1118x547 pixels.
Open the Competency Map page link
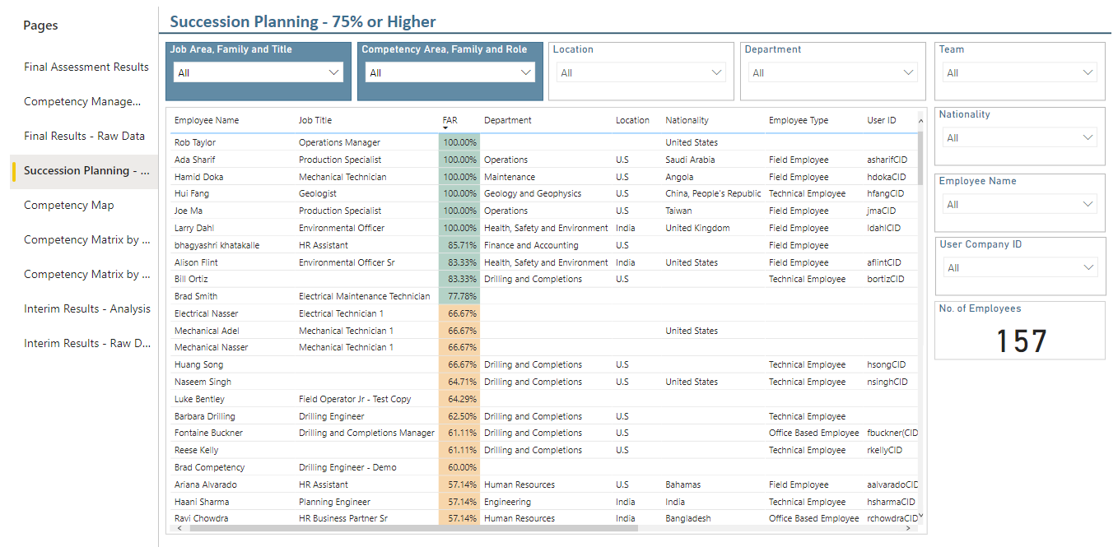click(x=69, y=205)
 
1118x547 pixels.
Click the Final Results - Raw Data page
click(x=84, y=136)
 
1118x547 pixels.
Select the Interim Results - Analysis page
click(x=86, y=308)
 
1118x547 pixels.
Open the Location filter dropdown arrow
click(x=716, y=73)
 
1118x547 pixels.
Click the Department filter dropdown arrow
click(x=908, y=73)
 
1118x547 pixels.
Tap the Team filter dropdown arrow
click(x=1088, y=73)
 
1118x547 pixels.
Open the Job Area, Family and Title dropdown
click(x=258, y=73)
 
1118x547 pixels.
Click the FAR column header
click(x=450, y=120)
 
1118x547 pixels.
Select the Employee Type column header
click(x=798, y=120)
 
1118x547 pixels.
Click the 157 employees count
click(x=1021, y=341)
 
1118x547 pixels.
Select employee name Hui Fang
click(x=192, y=193)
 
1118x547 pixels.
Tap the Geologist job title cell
click(x=318, y=193)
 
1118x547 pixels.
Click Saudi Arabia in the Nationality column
click(x=690, y=160)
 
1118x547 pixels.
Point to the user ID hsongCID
click(x=886, y=364)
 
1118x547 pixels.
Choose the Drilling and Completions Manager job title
click(x=366, y=433)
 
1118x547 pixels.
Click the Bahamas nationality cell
click(x=682, y=484)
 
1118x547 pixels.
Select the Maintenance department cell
click(x=509, y=177)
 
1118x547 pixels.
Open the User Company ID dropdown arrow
click(x=1088, y=268)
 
